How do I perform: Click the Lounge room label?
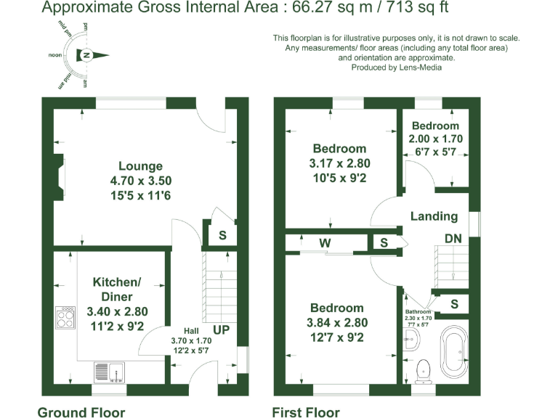tap(140, 166)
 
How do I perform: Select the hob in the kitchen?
tap(65, 317)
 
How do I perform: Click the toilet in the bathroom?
tap(421, 371)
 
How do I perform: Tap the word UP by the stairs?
tap(221, 330)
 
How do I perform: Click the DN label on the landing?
tap(453, 239)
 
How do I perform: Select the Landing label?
tap(434, 216)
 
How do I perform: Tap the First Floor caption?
tap(305, 413)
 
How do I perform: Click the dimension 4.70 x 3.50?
tap(140, 180)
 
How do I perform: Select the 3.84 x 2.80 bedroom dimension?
tap(336, 323)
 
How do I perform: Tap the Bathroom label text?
tap(418, 311)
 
